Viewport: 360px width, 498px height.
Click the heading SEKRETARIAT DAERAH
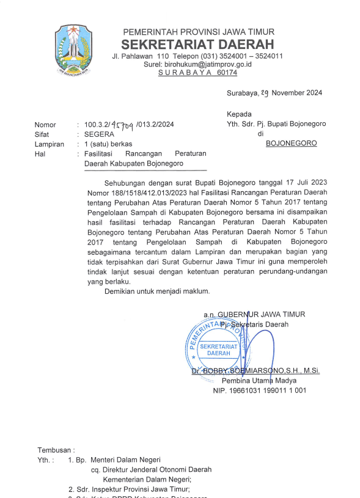point(198,45)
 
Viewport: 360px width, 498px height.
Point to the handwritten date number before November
point(265,93)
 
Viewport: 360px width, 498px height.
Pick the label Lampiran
point(49,144)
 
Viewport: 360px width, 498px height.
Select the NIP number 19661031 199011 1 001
point(259,390)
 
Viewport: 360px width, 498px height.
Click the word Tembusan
point(56,449)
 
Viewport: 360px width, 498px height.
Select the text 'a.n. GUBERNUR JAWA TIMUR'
point(254,314)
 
